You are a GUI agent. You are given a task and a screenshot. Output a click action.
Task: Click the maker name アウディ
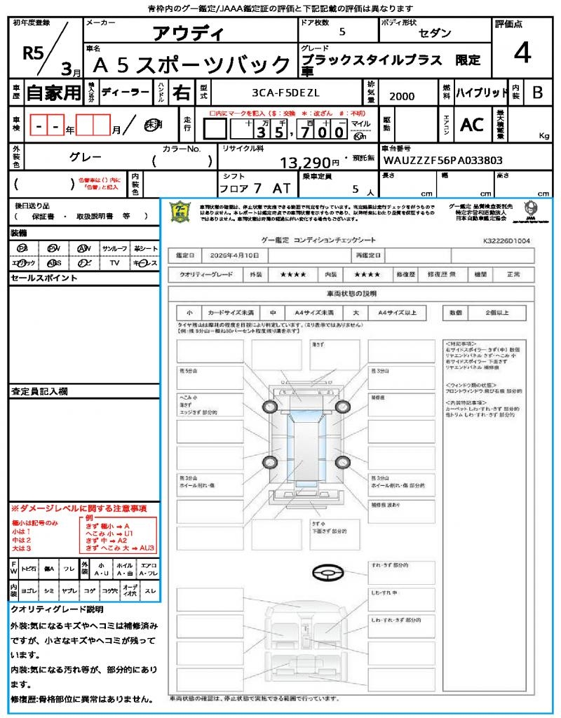(188, 33)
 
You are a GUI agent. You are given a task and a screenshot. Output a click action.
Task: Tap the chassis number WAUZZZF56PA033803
(442, 161)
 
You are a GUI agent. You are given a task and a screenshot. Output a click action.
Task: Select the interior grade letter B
(536, 93)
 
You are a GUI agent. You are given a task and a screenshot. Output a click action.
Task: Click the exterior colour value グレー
(86, 158)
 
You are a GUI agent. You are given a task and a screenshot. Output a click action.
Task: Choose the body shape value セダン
(435, 34)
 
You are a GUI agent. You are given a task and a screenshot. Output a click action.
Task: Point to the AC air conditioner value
(472, 125)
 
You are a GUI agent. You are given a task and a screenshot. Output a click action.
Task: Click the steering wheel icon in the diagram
(327, 573)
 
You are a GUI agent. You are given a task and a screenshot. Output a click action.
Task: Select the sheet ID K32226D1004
(506, 241)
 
